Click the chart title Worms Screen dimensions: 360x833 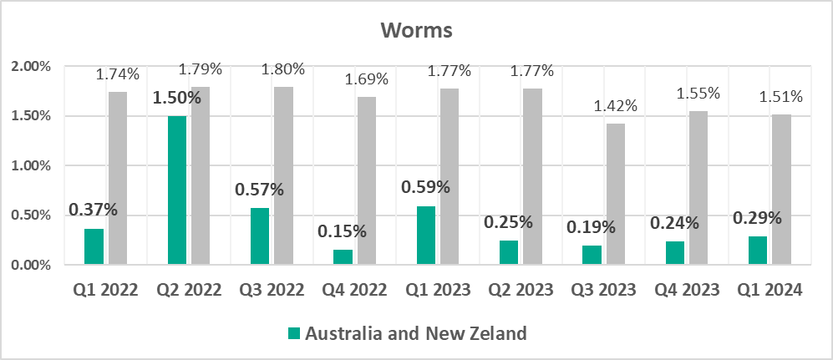[416, 31]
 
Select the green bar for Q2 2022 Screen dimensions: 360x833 [177, 190]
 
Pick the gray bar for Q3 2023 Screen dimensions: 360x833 [616, 195]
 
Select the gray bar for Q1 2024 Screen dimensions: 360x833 [782, 190]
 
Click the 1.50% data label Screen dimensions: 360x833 [176, 98]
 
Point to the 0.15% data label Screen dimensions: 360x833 [343, 231]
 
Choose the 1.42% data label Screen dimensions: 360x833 [615, 106]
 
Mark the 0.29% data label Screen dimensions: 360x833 [757, 218]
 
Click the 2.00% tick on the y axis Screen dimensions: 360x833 [30, 66]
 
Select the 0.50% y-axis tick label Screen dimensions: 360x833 [30, 215]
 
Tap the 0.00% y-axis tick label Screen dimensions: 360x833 [30, 266]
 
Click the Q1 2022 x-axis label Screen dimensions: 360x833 [105, 291]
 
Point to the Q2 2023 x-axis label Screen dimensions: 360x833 [521, 291]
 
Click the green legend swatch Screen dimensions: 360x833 [293, 334]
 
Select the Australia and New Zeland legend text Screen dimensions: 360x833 [416, 334]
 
